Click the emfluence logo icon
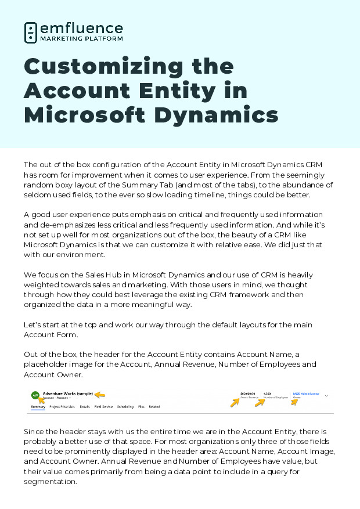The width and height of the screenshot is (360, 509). click(31, 33)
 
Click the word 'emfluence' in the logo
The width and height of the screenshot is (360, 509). click(81, 28)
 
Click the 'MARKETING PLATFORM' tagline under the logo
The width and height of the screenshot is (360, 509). click(81, 39)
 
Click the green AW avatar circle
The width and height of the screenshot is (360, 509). click(35, 395)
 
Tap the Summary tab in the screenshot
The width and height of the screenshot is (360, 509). click(38, 407)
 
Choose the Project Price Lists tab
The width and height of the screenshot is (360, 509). click(62, 407)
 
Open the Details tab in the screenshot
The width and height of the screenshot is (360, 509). click(85, 407)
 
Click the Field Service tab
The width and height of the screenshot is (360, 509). click(103, 407)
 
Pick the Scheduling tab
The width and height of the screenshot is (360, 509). click(125, 407)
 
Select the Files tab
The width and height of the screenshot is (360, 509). click(141, 407)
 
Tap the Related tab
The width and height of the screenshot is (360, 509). click(154, 407)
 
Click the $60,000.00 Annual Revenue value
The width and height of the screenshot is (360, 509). click(247, 393)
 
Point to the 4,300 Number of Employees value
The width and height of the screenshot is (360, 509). click(268, 393)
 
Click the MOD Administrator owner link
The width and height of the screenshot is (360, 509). click(306, 393)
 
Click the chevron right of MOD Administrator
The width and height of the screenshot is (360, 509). click(326, 395)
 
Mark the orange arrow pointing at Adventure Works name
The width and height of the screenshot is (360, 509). click(100, 395)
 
